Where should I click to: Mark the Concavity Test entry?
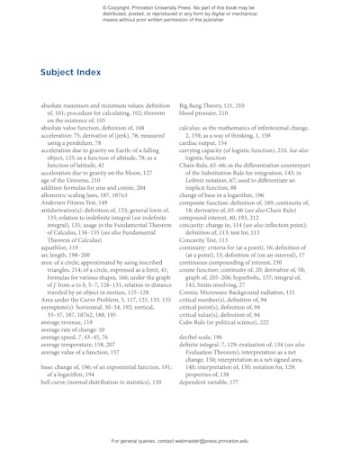211,215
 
